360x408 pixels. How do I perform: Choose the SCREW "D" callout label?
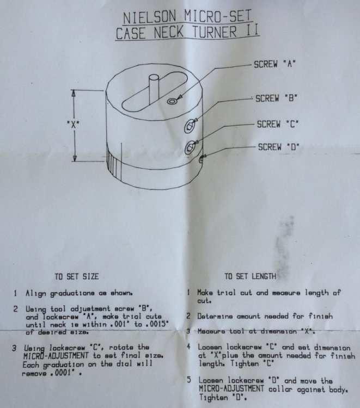pyautogui.click(x=279, y=146)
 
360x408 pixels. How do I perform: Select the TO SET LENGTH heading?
pyautogui.click(x=250, y=275)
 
